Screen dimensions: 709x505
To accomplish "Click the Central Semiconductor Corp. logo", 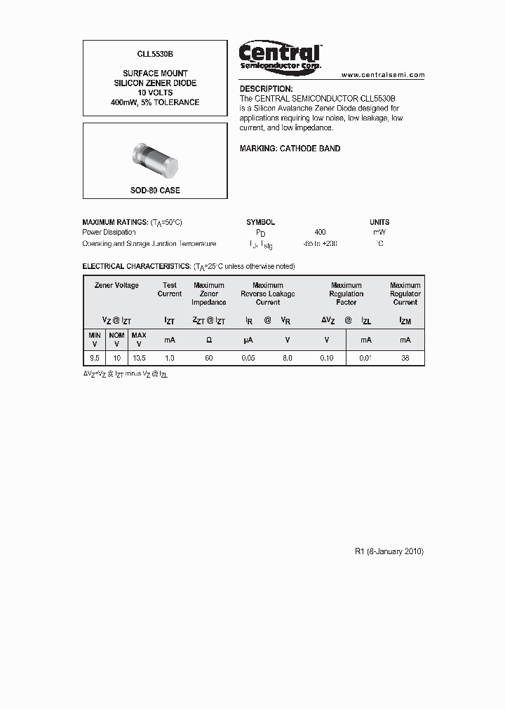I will click(280, 55).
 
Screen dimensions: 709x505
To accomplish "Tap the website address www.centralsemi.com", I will click(383, 74).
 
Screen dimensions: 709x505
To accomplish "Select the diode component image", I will click(155, 160).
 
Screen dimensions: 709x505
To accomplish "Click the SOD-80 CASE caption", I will click(155, 191).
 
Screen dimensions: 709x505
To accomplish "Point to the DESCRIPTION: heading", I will click(266, 89).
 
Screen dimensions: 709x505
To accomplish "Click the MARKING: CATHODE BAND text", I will click(290, 149).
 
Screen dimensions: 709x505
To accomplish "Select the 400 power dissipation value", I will click(320, 232).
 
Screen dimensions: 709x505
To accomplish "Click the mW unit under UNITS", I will click(379, 232).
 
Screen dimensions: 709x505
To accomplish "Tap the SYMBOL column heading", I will click(260, 222).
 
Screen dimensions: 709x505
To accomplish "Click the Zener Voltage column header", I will click(116, 285).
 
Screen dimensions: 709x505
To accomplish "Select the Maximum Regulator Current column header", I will click(405, 294).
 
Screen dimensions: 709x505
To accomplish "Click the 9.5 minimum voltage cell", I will click(94, 357).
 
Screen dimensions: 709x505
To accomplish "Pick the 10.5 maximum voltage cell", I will click(139, 357).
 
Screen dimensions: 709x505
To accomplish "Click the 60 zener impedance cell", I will click(208, 357).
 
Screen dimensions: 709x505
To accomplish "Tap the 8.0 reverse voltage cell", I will click(287, 357).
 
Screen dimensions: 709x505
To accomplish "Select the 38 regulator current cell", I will click(405, 357).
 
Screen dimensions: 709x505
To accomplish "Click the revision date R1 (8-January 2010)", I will click(389, 551).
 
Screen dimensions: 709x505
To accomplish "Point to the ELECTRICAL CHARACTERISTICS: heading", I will click(136, 267).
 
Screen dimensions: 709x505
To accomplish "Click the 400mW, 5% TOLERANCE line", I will click(155, 102).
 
